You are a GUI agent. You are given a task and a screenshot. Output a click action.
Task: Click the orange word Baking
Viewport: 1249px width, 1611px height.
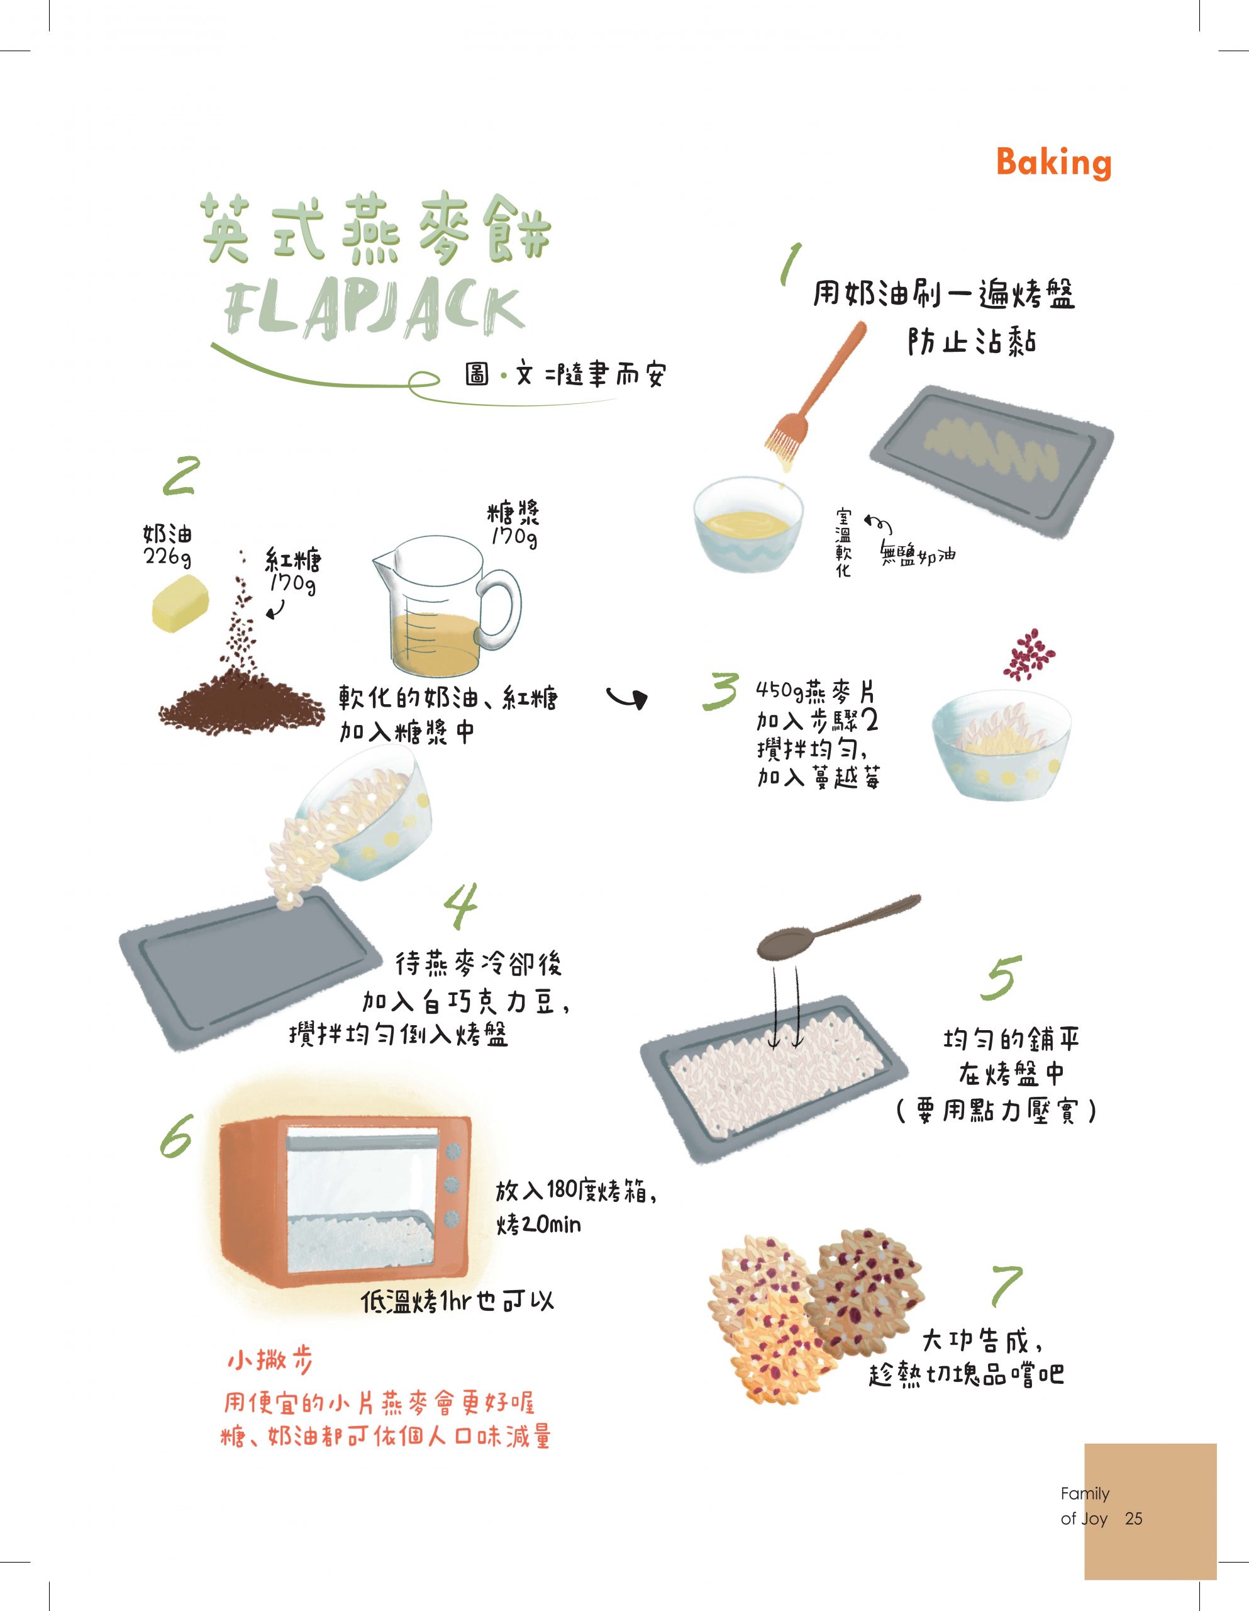coord(1053,163)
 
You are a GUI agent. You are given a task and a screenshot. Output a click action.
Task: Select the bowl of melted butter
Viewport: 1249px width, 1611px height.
coord(748,524)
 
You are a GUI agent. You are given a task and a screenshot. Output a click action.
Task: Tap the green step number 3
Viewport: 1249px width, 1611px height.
coord(719,690)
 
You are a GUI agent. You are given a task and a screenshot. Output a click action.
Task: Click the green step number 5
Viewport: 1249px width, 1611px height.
coord(1001,978)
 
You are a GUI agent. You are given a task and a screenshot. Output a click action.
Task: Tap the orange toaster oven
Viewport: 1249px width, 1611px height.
coord(345,1203)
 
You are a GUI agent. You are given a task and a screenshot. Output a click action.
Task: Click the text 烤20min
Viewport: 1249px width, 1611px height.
coord(539,1225)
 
